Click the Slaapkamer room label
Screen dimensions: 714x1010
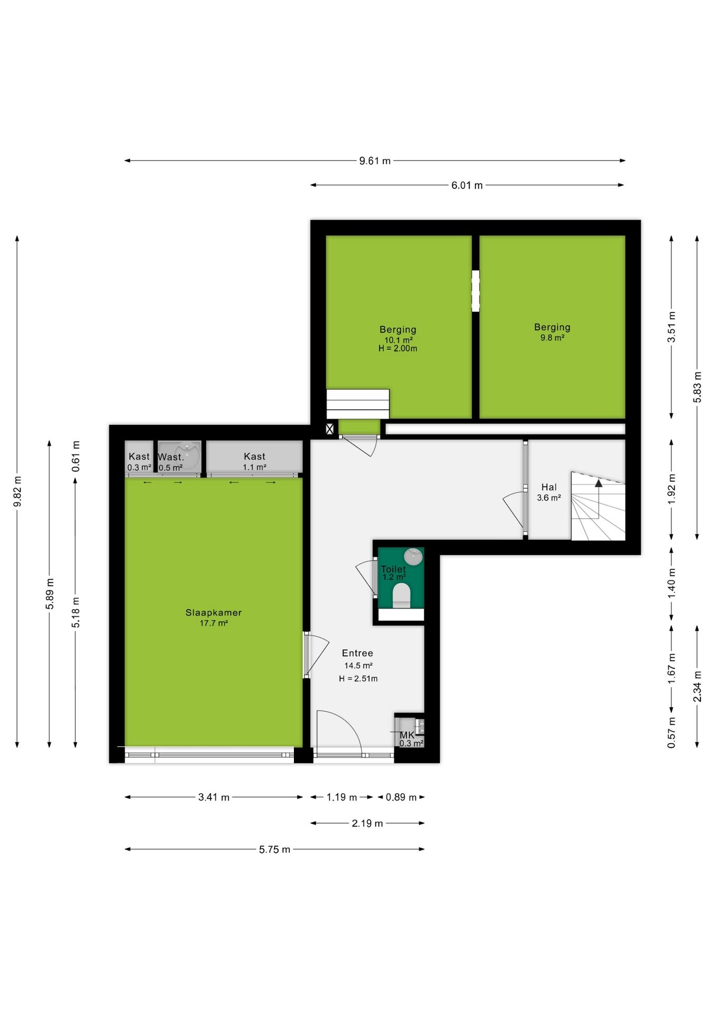(213, 612)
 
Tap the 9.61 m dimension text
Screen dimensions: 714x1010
(375, 161)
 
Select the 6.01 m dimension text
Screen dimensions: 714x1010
(467, 185)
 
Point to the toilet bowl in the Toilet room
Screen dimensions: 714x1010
(402, 595)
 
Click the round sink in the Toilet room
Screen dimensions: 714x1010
(414, 557)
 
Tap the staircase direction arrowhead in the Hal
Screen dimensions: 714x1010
(598, 482)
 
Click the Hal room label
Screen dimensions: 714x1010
(549, 487)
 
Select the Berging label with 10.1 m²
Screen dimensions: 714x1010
(398, 329)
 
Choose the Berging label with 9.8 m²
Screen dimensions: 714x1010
(552, 327)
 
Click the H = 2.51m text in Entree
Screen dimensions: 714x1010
(358, 679)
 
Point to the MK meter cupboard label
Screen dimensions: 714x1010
(407, 735)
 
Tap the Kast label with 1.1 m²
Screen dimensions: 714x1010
(254, 456)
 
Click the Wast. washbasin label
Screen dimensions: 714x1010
(171, 457)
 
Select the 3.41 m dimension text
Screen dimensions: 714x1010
(213, 797)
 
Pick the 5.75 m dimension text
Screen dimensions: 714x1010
(274, 849)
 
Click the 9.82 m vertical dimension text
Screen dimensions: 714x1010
(17, 491)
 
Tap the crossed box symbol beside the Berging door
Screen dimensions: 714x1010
(330, 429)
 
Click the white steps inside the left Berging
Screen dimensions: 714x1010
(358, 404)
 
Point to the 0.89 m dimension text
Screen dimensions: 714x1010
(401, 797)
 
